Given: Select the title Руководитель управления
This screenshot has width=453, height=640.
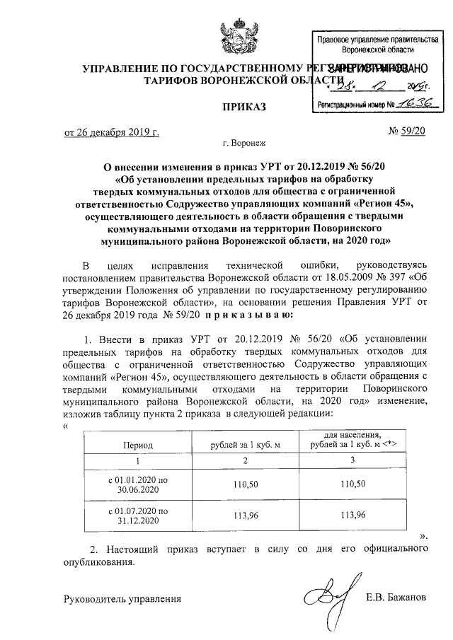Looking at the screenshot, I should pos(122,599).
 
